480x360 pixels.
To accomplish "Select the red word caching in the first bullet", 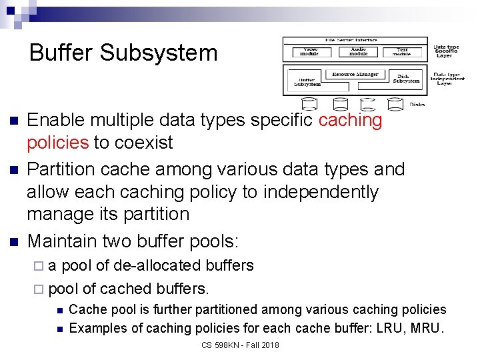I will pyautogui.click(x=350, y=121).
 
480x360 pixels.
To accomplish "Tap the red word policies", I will pyautogui.click(x=57, y=143).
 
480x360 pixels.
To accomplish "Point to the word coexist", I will pyautogui.click(x=143, y=143).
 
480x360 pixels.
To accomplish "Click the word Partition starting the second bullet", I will pyautogui.click(x=61, y=169).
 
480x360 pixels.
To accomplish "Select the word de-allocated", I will pyautogui.click(x=150, y=265).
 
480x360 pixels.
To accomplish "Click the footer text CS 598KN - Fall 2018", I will pyautogui.click(x=240, y=345).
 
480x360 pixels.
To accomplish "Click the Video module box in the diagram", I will pyautogui.click(x=311, y=51).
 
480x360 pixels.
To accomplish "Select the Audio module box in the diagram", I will pyautogui.click(x=358, y=51).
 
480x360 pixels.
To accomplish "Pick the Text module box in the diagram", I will pyautogui.click(x=402, y=51).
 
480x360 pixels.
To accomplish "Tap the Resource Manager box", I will pyautogui.click(x=355, y=75).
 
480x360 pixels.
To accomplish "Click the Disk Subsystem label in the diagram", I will pyautogui.click(x=406, y=79).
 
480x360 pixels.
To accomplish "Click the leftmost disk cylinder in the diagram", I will pyautogui.click(x=309, y=103).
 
